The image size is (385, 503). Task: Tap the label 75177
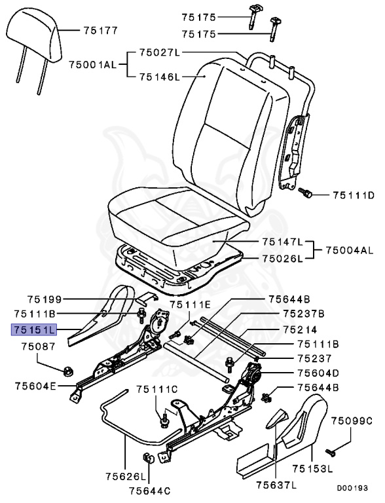point(100,29)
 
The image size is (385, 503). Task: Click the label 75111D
point(353,195)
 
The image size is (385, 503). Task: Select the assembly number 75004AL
point(350,250)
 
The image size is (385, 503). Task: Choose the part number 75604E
point(35,386)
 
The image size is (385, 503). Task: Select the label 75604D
point(318,373)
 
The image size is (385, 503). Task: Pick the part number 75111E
point(191,305)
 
